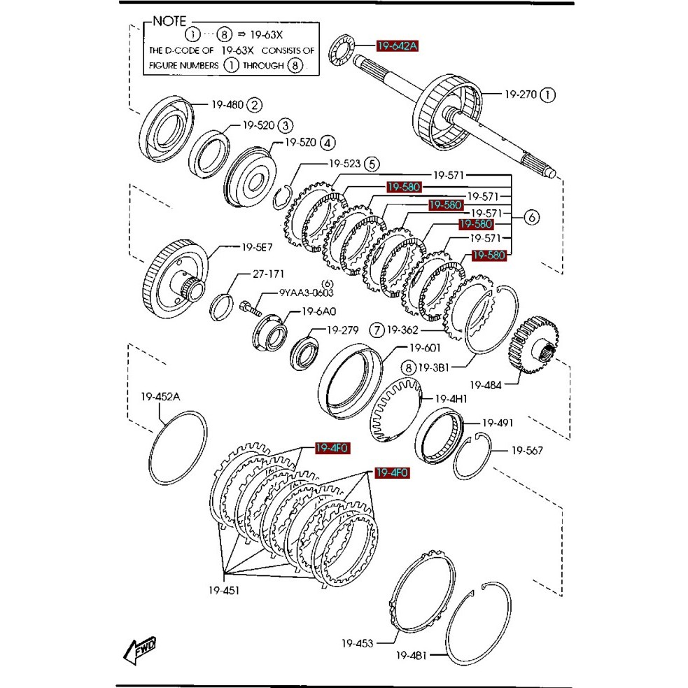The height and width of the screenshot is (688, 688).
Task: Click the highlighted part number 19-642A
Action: (397, 46)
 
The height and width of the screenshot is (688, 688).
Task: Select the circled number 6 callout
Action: (531, 218)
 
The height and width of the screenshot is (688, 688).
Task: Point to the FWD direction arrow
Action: (140, 650)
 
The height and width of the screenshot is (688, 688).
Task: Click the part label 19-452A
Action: (160, 397)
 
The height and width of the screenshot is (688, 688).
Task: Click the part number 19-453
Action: (358, 643)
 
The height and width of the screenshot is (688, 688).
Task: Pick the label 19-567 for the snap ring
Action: (527, 451)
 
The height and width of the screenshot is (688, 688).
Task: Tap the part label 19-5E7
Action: (258, 247)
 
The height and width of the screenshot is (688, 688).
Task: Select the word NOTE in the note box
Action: (170, 22)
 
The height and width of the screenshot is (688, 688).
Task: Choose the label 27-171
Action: (260, 274)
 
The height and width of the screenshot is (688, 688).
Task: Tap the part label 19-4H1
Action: (451, 399)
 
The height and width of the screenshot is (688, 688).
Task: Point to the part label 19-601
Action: (424, 348)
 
